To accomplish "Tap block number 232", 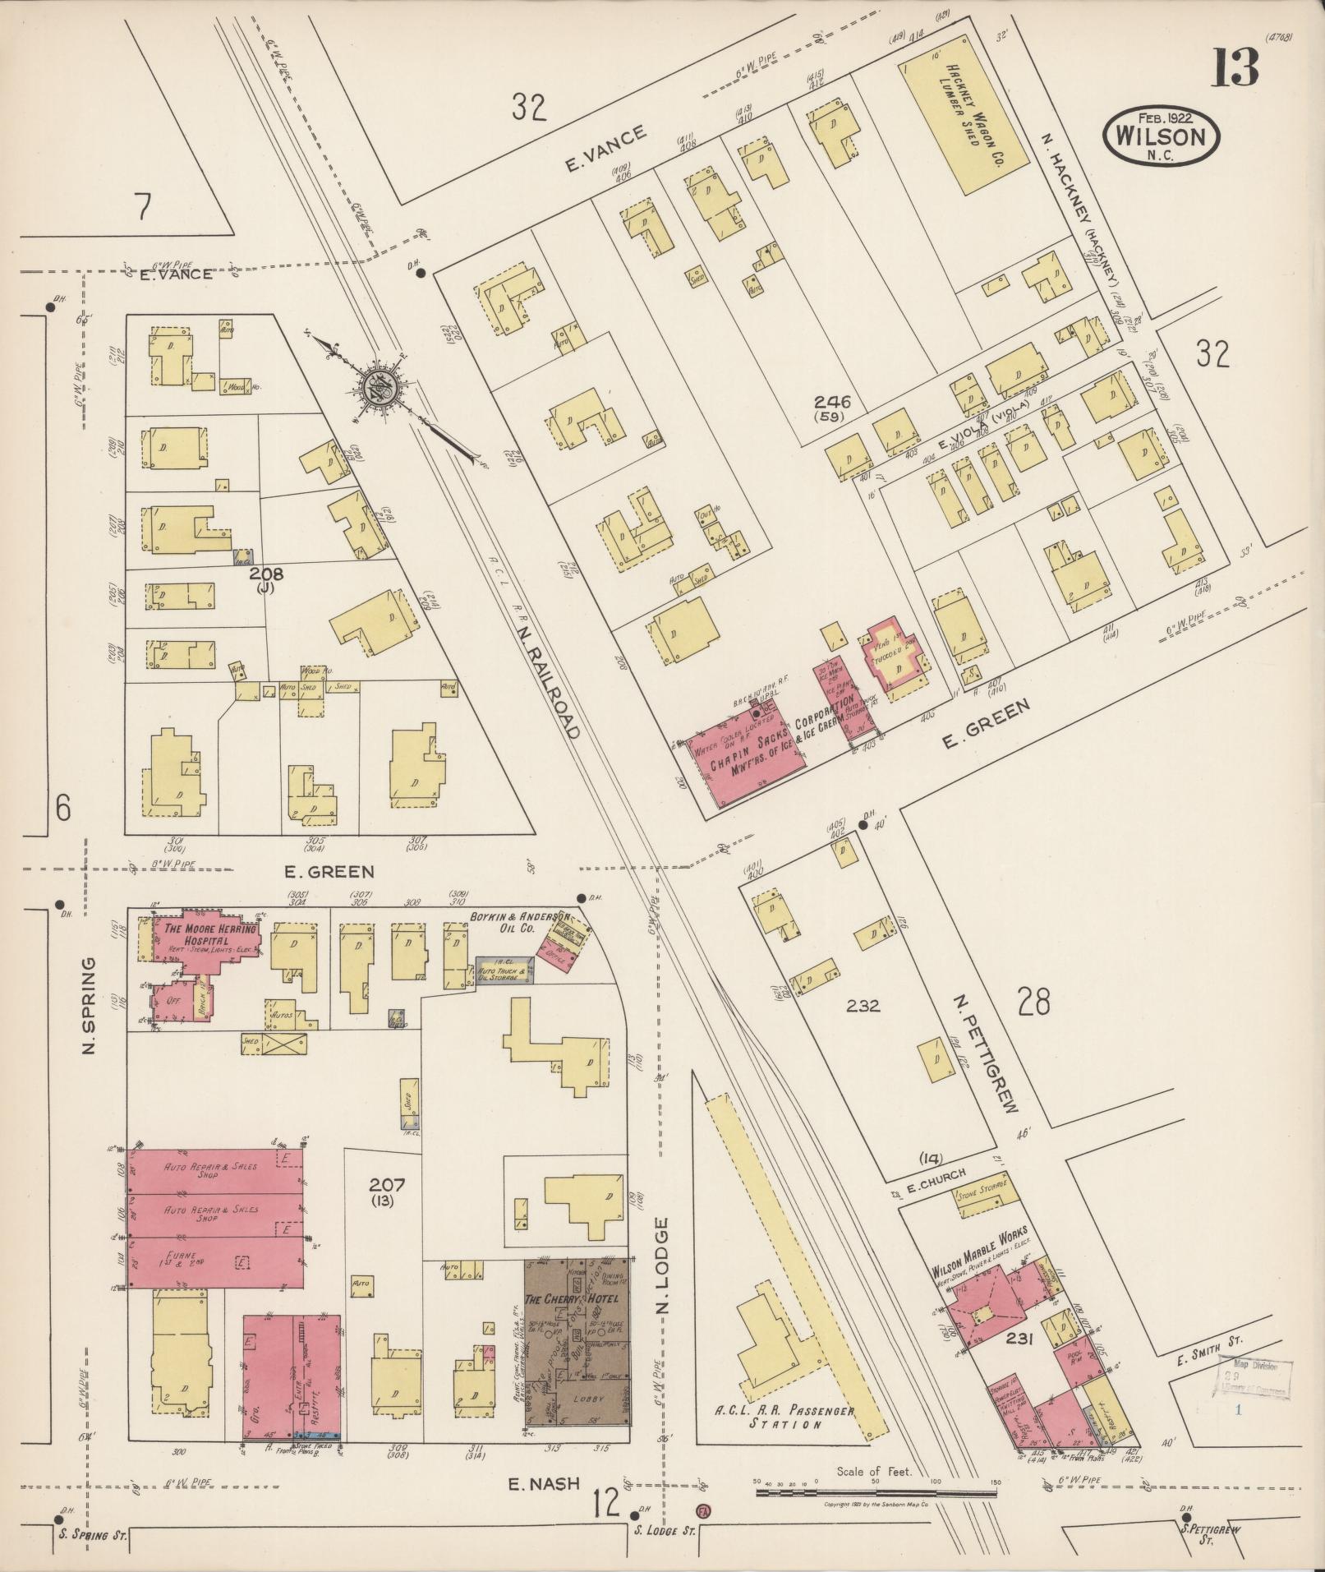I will point(863,1004).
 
